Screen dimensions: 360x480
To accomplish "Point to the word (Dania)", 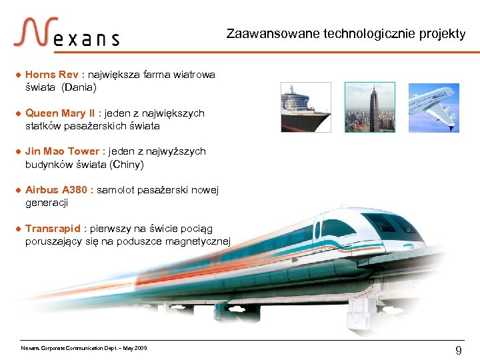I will (79, 87).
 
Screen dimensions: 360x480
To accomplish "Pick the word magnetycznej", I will (198, 241).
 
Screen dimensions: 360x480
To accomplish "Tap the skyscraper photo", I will (369, 107).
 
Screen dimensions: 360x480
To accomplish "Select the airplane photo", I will (433, 107).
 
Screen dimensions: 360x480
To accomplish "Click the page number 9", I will (458, 351).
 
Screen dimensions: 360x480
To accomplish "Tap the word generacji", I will (47, 202).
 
